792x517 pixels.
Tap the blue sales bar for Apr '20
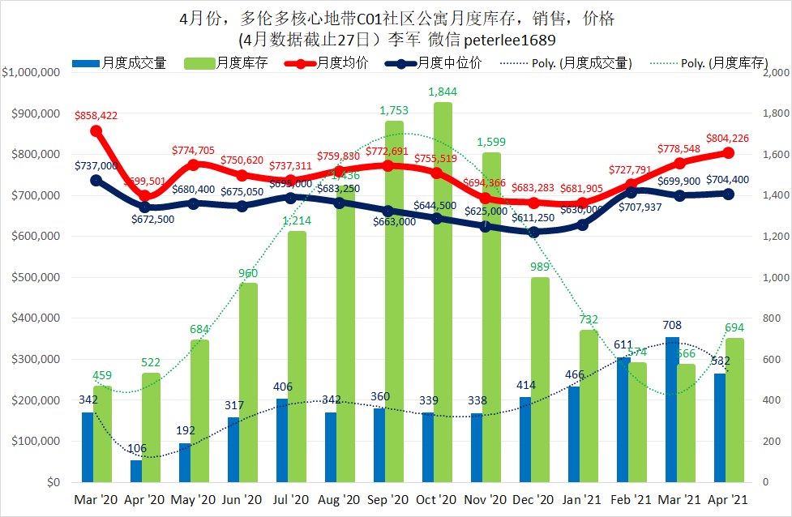pyautogui.click(x=135, y=471)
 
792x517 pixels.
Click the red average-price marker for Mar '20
pyautogui.click(x=96, y=130)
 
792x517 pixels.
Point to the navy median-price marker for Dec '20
pyautogui.click(x=533, y=232)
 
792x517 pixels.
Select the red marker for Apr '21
pyautogui.click(x=728, y=152)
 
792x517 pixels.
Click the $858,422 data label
pyautogui.click(x=96, y=116)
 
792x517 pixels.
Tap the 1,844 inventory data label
pyautogui.click(x=443, y=91)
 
